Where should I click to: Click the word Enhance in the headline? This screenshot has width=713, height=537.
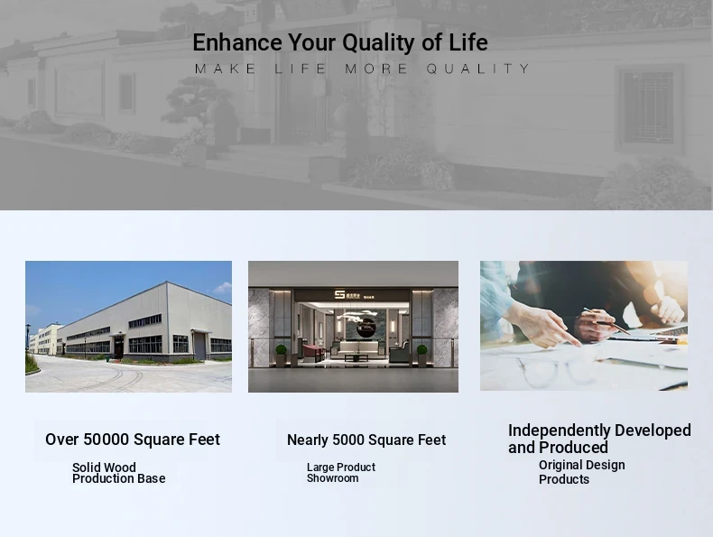pyautogui.click(x=237, y=42)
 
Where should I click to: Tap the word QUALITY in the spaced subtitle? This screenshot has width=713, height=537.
pyautogui.click(x=478, y=69)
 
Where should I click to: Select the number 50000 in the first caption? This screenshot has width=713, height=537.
pyautogui.click(x=106, y=440)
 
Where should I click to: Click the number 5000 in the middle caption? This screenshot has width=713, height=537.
pyautogui.click(x=347, y=440)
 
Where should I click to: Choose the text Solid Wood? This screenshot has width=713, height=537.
pyautogui.click(x=104, y=468)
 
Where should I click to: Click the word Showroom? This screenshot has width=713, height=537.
pyautogui.click(x=332, y=478)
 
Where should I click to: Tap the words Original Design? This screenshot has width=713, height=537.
pyautogui.click(x=581, y=465)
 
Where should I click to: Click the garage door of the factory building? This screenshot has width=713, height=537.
pyautogui.click(x=199, y=347)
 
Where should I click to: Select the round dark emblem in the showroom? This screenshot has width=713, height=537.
pyautogui.click(x=366, y=328)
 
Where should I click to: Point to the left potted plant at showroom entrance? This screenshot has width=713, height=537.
pyautogui.click(x=281, y=355)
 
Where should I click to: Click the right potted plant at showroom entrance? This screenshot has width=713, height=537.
pyautogui.click(x=422, y=355)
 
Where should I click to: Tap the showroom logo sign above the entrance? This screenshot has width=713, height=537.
pyautogui.click(x=354, y=294)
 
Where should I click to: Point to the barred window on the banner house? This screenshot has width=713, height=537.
pyautogui.click(x=649, y=107)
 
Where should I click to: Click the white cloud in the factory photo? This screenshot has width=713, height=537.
pyautogui.click(x=223, y=287)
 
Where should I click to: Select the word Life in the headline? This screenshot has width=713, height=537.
pyautogui.click(x=468, y=42)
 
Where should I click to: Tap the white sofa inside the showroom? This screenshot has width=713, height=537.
pyautogui.click(x=359, y=347)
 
